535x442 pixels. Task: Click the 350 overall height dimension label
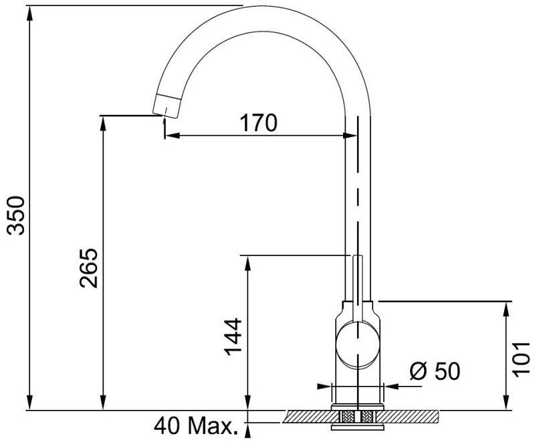click(16, 215)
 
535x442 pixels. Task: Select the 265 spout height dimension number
click(89, 268)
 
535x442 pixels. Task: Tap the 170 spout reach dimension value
click(259, 123)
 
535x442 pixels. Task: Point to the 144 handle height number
click(233, 337)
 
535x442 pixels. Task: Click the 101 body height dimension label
click(522, 359)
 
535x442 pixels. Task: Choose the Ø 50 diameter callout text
click(435, 370)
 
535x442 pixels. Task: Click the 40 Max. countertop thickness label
click(196, 426)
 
